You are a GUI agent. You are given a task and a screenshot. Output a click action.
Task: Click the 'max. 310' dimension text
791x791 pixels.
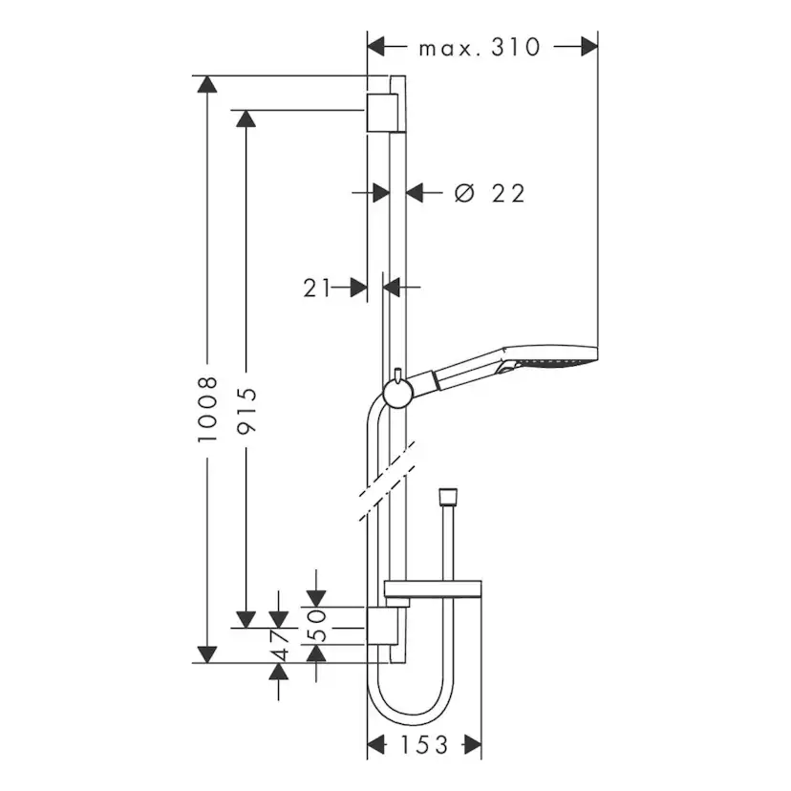tap(480, 47)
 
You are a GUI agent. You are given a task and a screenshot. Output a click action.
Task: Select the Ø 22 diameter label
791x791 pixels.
tap(491, 193)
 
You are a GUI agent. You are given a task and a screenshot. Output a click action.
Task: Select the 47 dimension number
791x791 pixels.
tap(279, 647)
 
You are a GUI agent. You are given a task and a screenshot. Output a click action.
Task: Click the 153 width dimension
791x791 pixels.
tap(423, 744)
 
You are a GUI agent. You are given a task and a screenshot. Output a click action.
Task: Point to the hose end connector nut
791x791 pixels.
tap(444, 499)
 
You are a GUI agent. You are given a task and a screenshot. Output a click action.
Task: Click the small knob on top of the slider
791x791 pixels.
tap(396, 372)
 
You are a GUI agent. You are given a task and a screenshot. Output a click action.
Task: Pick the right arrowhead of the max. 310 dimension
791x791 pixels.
tap(589, 46)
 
